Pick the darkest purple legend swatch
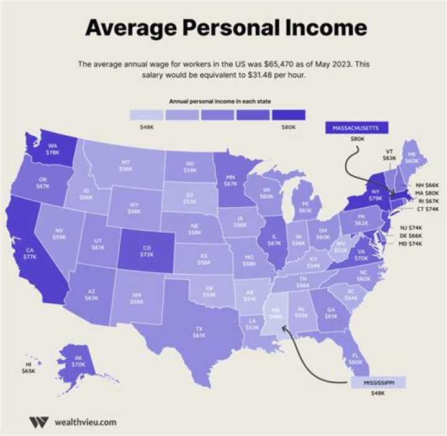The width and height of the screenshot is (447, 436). point(289,115)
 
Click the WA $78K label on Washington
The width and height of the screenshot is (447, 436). point(54,149)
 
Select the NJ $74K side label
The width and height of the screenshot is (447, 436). point(409,228)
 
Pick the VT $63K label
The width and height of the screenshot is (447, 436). point(390,154)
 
